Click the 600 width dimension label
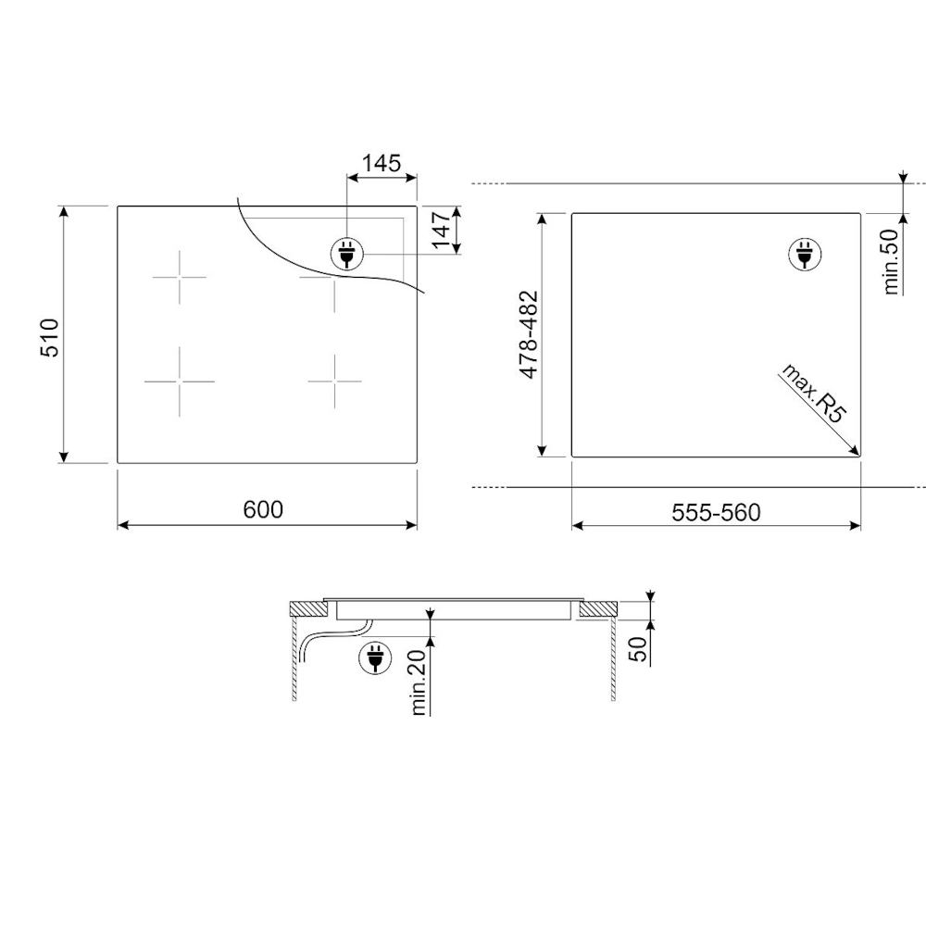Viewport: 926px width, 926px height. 263,509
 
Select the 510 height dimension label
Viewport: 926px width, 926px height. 50,337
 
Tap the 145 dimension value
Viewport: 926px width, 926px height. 382,163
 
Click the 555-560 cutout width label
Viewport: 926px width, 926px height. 716,512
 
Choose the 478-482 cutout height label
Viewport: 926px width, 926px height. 529,334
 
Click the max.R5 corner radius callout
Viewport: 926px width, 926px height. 813,394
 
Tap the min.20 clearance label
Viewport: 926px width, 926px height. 419,682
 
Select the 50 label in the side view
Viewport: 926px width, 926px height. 640,648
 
